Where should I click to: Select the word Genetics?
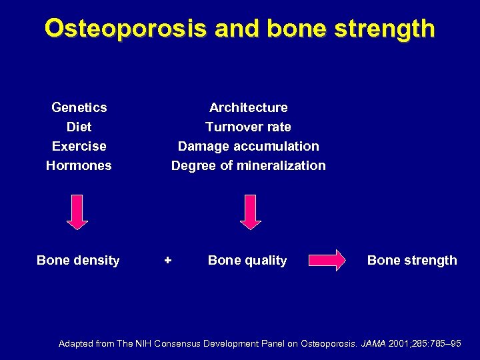click(79, 107)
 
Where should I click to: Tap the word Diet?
click(79, 127)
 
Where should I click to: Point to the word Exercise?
click(79, 146)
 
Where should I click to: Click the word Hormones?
click(79, 165)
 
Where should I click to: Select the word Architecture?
click(248, 107)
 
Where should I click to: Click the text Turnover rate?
click(248, 127)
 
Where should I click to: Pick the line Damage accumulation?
click(248, 146)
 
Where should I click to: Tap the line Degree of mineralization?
click(248, 165)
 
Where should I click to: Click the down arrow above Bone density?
click(78, 212)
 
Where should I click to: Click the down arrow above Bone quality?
click(251, 212)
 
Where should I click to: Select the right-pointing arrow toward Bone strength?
click(327, 260)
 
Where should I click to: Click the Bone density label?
click(78, 261)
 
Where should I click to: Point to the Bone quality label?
click(247, 261)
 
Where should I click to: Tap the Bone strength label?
click(412, 261)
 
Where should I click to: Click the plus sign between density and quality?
click(168, 260)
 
